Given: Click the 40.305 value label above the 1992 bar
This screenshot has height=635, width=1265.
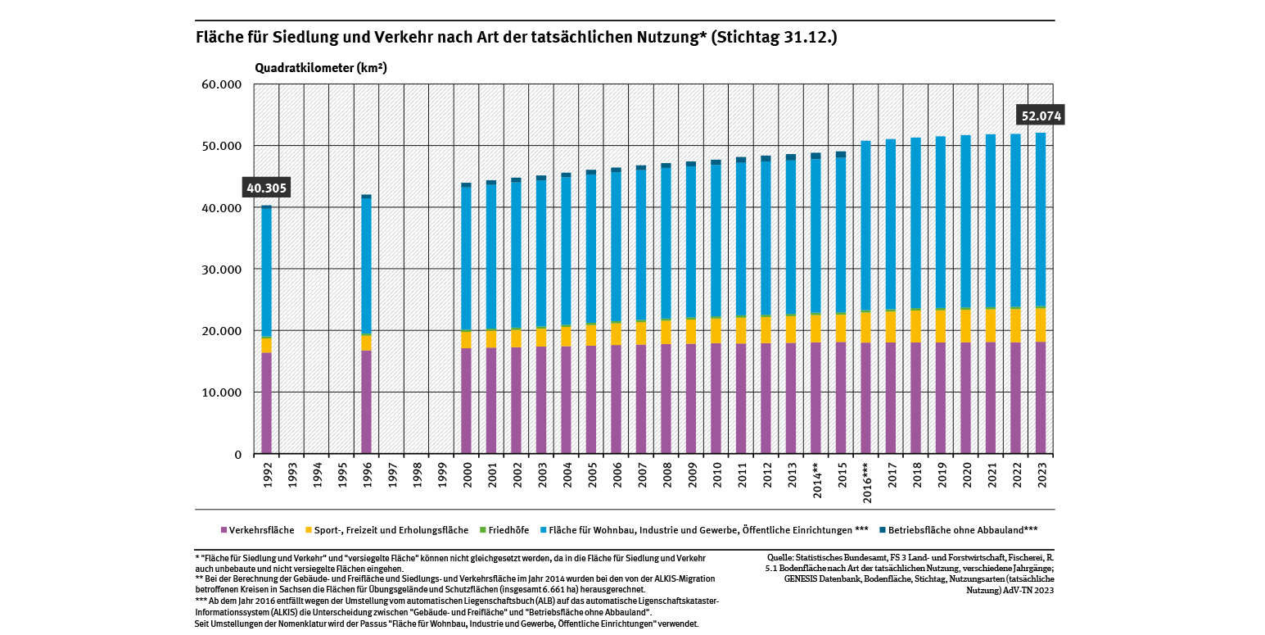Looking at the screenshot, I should coord(266,188).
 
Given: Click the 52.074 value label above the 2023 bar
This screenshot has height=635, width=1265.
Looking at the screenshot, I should coord(1041,116).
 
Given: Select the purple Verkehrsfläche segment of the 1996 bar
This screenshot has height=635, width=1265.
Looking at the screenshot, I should coord(366,401).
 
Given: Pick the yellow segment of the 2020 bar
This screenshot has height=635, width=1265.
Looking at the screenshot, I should coord(965,325).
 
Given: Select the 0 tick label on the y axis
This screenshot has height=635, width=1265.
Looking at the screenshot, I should coord(238,455).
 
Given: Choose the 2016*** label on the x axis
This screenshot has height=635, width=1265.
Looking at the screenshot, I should coord(865,482).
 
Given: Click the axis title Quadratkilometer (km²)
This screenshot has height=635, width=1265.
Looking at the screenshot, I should coord(320,68).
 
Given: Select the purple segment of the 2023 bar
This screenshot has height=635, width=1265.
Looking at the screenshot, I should coord(1040,397).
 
